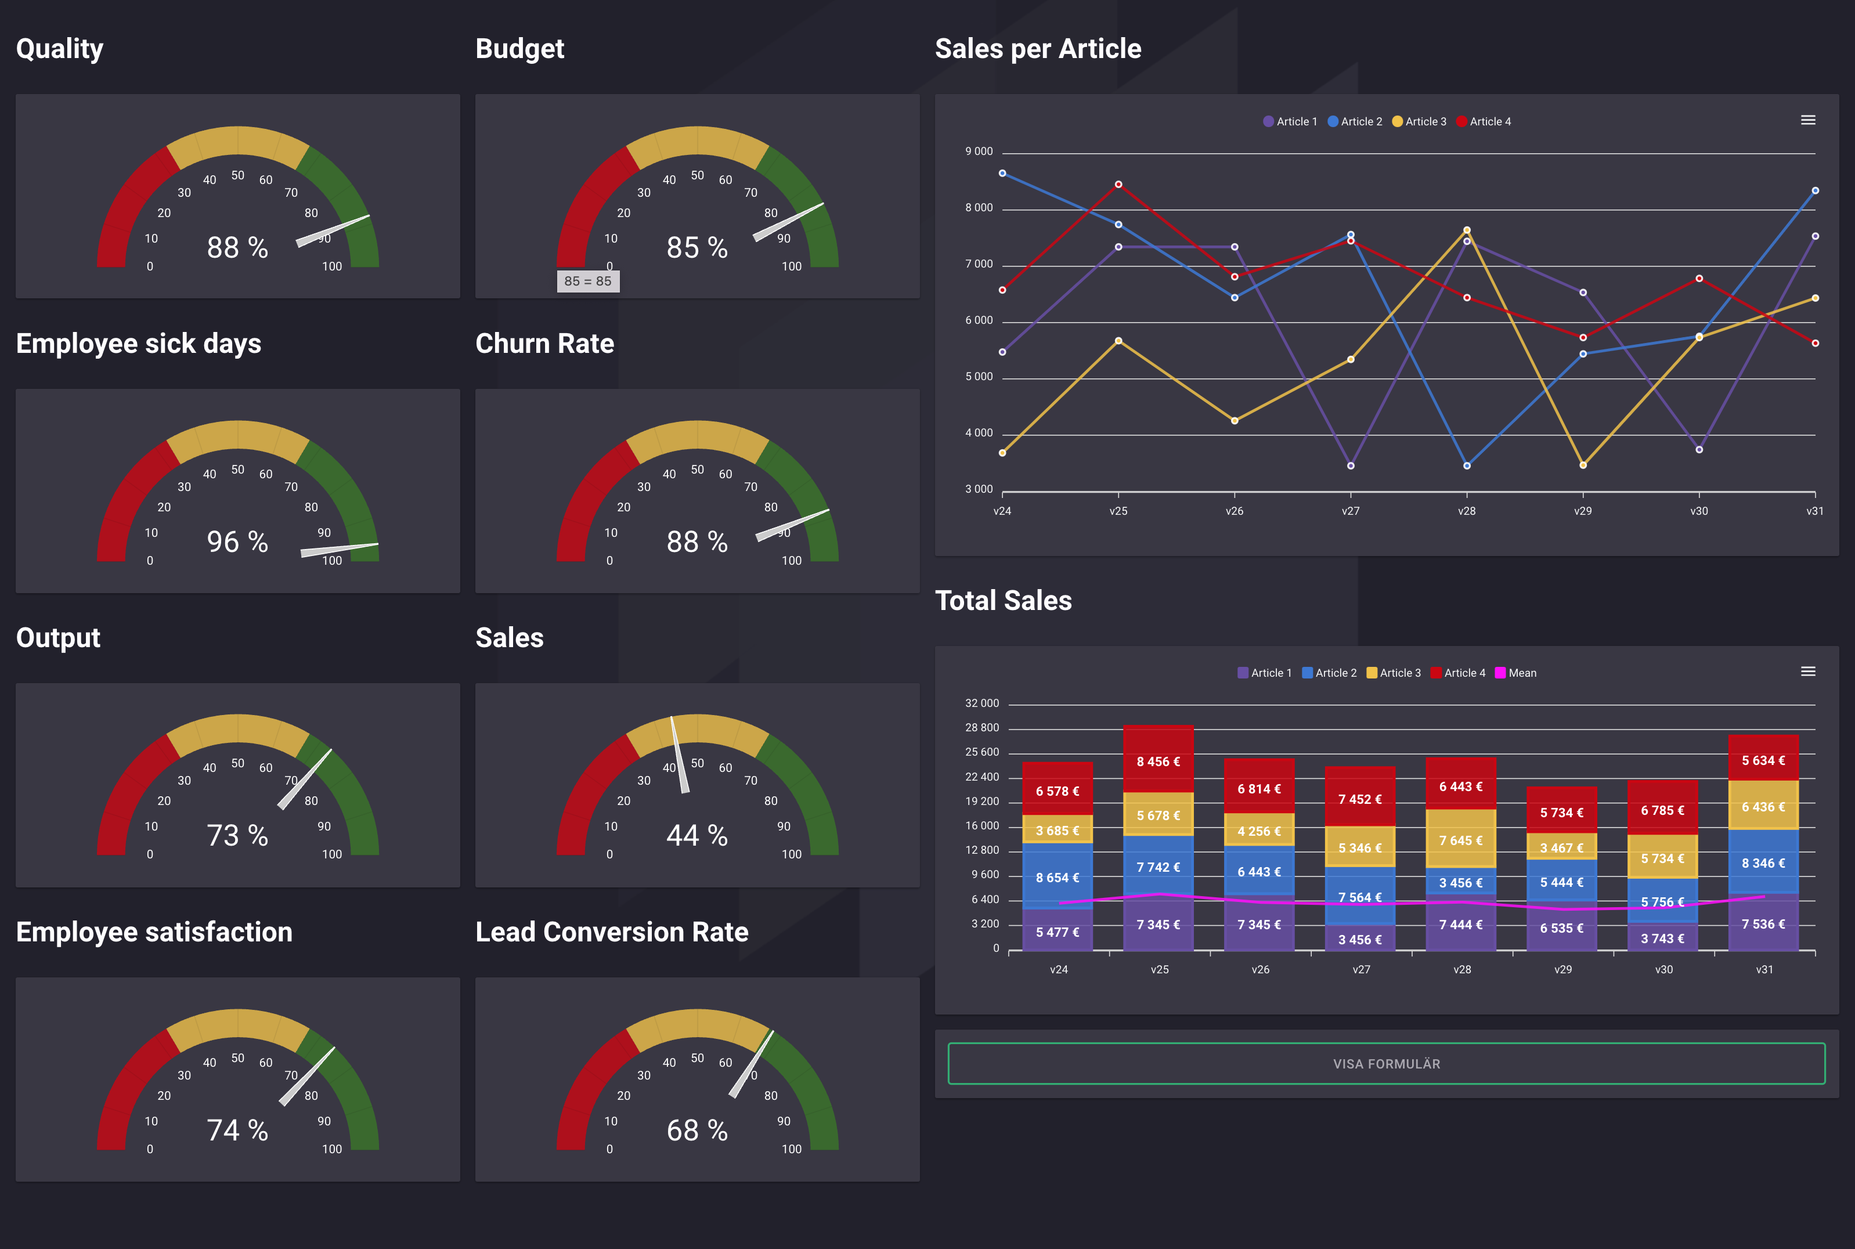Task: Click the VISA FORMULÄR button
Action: pyautogui.click(x=1386, y=1063)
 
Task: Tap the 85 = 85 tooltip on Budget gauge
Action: pyautogui.click(x=588, y=281)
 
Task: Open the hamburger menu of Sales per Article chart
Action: pyautogui.click(x=1808, y=120)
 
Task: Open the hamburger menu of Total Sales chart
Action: pyautogui.click(x=1808, y=672)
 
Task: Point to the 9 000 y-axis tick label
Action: pyautogui.click(x=979, y=151)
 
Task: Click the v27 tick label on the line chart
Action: pyautogui.click(x=1350, y=511)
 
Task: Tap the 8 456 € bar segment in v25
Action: pyautogui.click(x=1158, y=761)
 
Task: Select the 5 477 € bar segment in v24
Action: pyautogui.click(x=1057, y=932)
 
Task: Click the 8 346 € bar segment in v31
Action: pyautogui.click(x=1763, y=862)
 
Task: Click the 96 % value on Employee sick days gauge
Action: pyautogui.click(x=237, y=542)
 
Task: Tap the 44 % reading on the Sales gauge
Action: pyautogui.click(x=697, y=836)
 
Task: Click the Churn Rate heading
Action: pyautogui.click(x=545, y=344)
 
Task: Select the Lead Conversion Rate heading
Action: pyautogui.click(x=612, y=932)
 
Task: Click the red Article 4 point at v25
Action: pyautogui.click(x=1118, y=184)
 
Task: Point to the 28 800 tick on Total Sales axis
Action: pyautogui.click(x=981, y=728)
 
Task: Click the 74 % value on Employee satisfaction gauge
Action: pyautogui.click(x=237, y=1131)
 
